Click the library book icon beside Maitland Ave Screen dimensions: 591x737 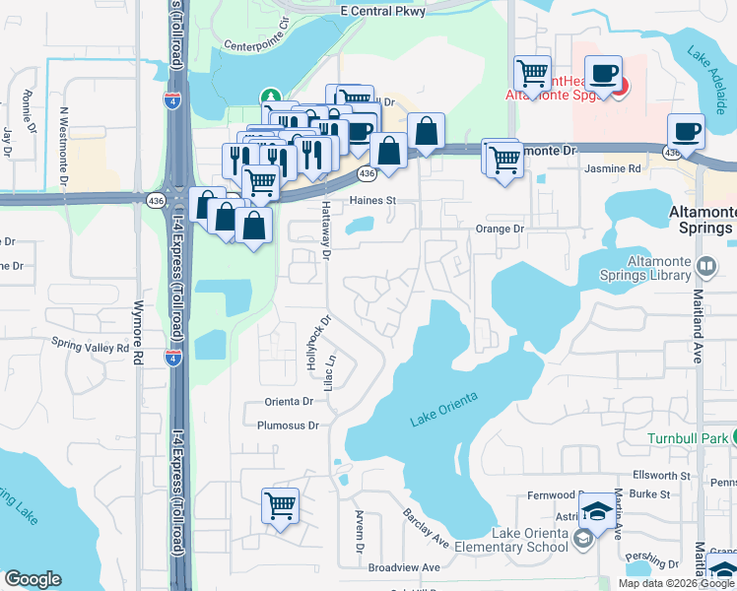pyautogui.click(x=705, y=266)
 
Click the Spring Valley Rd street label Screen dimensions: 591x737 pyautogui.click(x=91, y=347)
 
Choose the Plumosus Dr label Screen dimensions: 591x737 pyautogui.click(x=288, y=427)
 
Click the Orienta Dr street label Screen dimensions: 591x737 pyautogui.click(x=288, y=402)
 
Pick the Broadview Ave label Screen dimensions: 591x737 pyautogui.click(x=404, y=568)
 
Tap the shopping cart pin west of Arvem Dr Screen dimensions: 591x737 pyautogui.click(x=281, y=506)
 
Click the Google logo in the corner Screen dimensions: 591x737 pyautogui.click(x=33, y=579)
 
